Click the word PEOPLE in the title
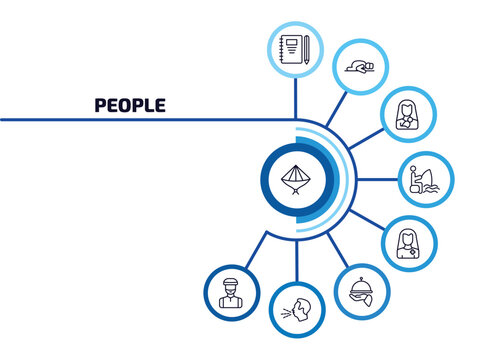(130, 104)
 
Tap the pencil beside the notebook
(306, 48)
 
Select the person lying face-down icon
(357, 67)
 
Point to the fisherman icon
(422, 180)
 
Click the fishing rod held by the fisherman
(430, 173)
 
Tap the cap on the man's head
(231, 280)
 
